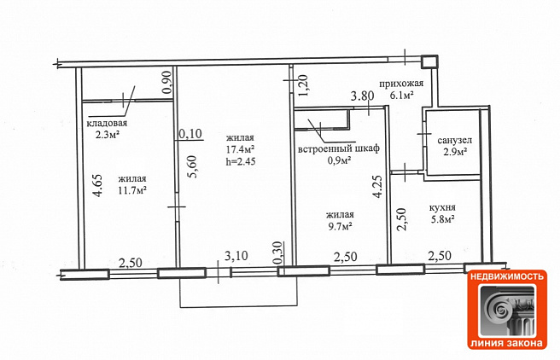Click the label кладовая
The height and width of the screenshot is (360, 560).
108,124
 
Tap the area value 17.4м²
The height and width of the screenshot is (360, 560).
240,148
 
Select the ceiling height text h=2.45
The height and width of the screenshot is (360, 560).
241,161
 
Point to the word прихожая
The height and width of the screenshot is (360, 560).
401,84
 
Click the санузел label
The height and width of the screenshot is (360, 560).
455,141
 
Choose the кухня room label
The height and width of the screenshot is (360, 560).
442,207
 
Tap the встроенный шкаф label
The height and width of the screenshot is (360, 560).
339,148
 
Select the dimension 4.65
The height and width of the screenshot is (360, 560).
97,185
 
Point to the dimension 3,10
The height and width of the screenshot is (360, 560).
236,255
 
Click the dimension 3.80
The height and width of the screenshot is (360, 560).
362,96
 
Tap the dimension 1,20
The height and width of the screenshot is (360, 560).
303,85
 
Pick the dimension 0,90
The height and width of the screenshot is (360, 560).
167,83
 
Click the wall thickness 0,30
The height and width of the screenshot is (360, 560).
279,253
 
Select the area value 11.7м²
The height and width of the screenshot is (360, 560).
132,190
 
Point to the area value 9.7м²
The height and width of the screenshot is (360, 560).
341,226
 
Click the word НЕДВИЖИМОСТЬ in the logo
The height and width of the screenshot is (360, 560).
507,276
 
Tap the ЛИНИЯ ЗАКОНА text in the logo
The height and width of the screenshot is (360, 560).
507,343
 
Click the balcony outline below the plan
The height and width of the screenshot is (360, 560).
238,306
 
